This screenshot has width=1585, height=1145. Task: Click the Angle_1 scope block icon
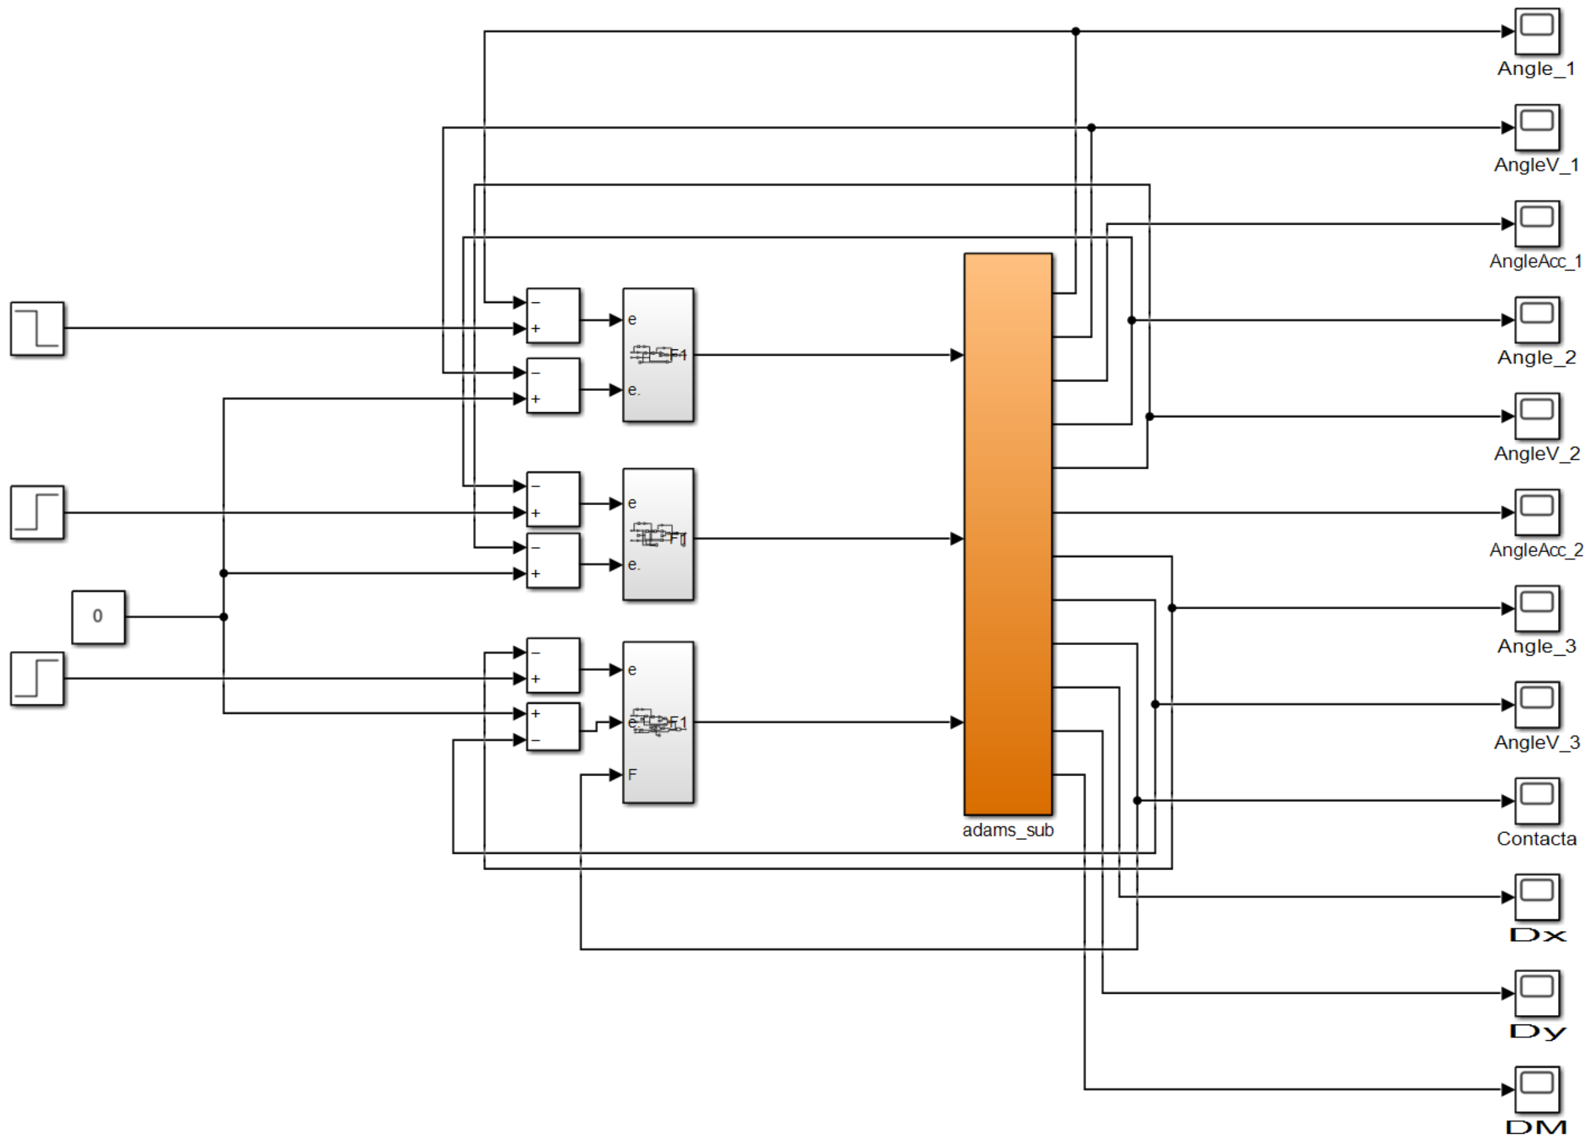1537,31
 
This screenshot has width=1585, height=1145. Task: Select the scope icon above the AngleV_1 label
1537,127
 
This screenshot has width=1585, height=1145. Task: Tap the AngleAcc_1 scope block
1537,223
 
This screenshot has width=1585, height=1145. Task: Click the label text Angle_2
1536,358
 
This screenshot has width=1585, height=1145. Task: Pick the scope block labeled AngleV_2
1537,416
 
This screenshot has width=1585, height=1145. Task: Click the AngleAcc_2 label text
1535,550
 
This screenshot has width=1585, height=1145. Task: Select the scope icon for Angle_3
1537,608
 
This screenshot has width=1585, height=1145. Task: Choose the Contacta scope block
1537,801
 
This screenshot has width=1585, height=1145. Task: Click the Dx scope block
1537,897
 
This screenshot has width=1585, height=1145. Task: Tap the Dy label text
1536,1032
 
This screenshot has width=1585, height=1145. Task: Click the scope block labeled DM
1537,1089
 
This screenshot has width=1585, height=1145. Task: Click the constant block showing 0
99,617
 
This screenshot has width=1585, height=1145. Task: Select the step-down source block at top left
37,328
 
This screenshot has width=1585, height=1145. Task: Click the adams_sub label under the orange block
1008,830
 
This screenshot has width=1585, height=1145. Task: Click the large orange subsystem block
1008,534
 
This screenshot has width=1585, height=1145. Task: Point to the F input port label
632,774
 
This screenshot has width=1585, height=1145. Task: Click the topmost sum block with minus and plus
553,315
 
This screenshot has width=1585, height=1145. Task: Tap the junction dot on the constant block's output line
223,617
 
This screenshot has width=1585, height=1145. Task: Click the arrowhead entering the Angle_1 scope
1507,31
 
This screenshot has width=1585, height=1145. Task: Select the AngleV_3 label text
1536,743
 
